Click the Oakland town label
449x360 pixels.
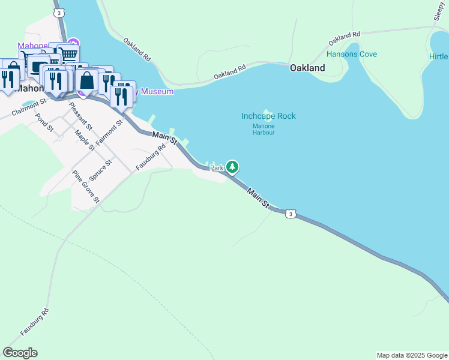(x=307, y=68)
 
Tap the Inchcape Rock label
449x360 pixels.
(x=268, y=116)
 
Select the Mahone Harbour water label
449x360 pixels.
(x=264, y=129)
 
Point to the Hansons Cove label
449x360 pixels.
(x=352, y=54)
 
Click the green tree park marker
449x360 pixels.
(x=232, y=167)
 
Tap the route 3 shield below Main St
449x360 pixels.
(x=291, y=214)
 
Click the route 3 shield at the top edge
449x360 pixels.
(x=58, y=12)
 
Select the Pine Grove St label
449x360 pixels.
(x=85, y=187)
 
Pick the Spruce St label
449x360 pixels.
(x=100, y=170)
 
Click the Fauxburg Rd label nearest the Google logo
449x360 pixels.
(x=34, y=322)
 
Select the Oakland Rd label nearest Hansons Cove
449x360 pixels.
(x=344, y=39)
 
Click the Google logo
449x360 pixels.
(x=20, y=353)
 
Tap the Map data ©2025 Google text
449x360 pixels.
(x=412, y=355)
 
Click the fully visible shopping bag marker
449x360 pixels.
(x=87, y=81)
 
